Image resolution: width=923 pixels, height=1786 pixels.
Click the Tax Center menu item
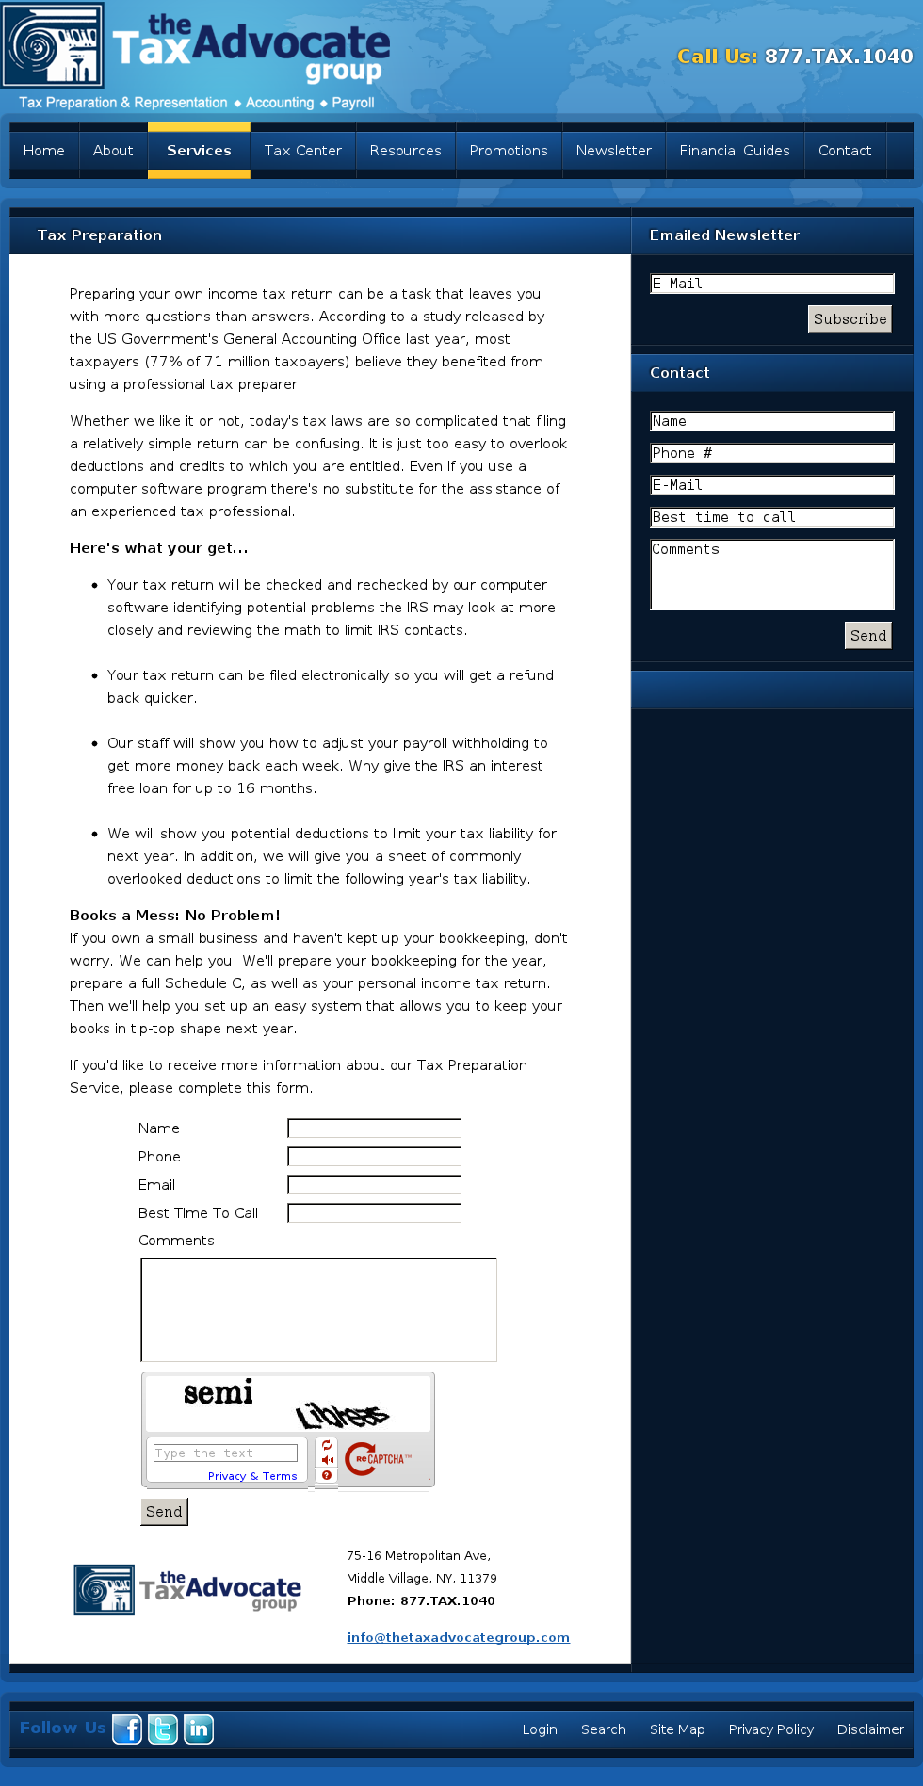302,151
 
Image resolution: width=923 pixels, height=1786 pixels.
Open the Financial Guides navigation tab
735,151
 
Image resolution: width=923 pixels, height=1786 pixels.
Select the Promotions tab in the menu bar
509,151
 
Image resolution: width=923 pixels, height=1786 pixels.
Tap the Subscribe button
850,319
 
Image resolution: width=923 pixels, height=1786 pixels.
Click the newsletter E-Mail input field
771,284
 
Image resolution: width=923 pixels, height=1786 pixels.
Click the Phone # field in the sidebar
771,453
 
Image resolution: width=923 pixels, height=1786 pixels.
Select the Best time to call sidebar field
771,517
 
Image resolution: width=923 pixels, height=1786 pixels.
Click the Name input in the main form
374,1128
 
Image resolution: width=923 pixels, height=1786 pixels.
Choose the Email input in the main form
374,1185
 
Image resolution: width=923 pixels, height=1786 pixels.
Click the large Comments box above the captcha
318,1309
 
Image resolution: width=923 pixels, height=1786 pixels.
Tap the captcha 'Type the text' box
225,1453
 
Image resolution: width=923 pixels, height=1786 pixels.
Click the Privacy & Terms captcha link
252,1476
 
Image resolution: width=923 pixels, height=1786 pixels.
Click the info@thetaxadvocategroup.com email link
458,1637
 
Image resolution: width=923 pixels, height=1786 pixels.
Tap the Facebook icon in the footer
127,1729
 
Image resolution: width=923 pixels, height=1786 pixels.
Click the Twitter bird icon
163,1729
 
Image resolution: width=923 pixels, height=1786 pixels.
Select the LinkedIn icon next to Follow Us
199,1729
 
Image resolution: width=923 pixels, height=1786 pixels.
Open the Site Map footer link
677,1729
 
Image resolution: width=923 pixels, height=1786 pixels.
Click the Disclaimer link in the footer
870,1729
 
